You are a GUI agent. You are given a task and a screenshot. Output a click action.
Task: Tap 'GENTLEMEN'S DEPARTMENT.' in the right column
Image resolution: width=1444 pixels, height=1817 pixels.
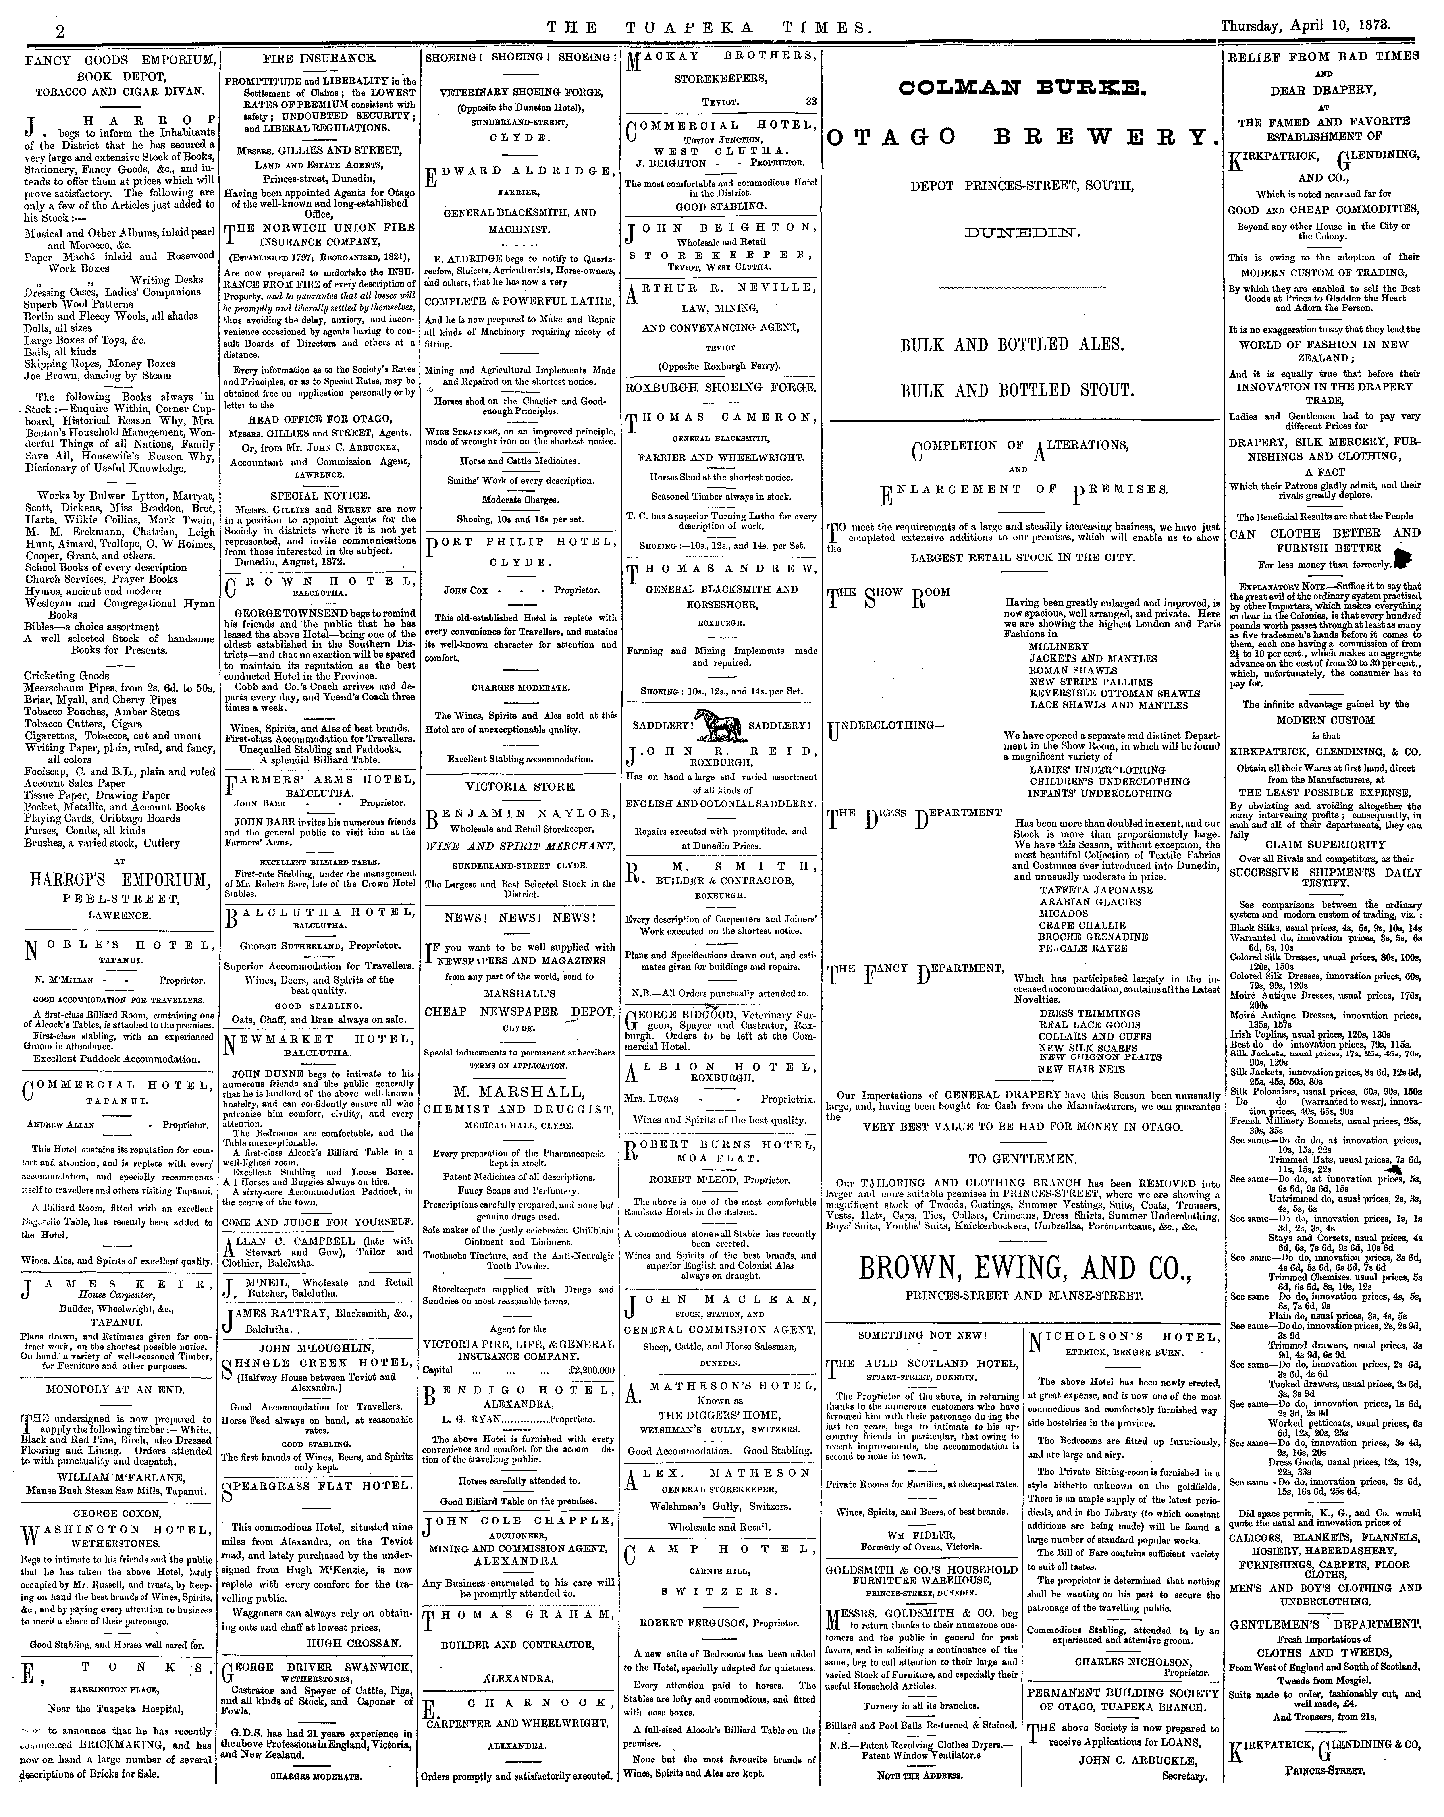point(1324,1623)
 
